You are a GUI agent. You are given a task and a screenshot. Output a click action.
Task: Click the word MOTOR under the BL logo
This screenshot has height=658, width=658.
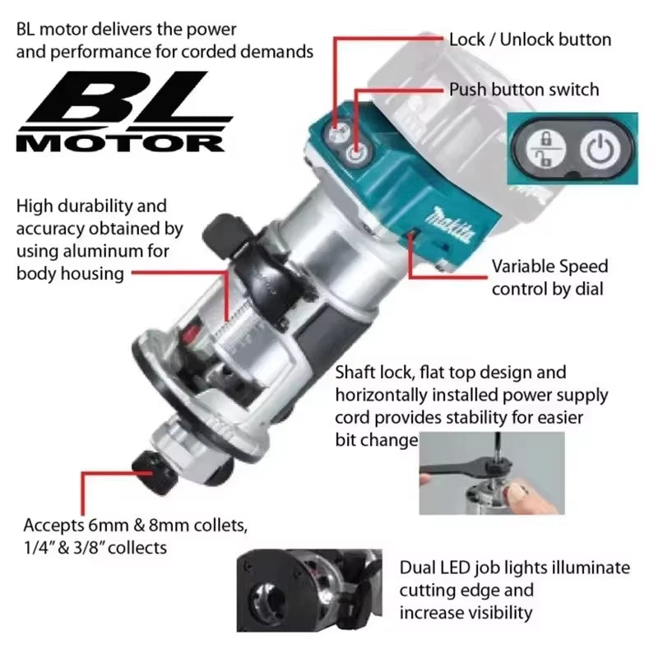(120, 142)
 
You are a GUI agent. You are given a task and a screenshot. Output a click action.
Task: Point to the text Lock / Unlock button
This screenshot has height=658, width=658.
(530, 39)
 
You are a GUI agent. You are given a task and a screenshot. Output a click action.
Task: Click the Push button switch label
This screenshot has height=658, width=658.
(524, 89)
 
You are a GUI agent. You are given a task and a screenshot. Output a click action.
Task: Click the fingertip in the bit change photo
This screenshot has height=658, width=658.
(516, 493)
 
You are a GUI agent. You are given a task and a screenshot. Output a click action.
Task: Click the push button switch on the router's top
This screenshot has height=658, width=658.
(356, 154)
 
